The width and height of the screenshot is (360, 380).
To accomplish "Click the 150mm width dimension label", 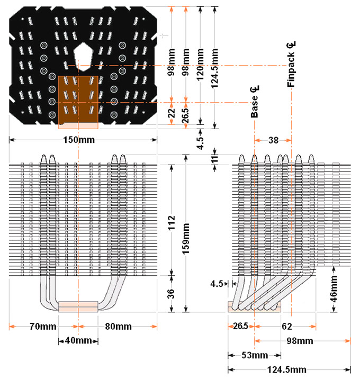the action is click(x=79, y=140).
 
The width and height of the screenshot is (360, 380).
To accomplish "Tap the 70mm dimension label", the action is click(x=43, y=327).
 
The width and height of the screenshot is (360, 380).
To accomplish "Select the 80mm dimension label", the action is click(x=118, y=327).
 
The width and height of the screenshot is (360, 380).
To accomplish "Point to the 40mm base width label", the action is click(x=78, y=340).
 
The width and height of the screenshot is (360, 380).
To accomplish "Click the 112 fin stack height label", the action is click(x=172, y=223).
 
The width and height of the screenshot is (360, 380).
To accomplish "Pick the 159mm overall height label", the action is click(x=186, y=239).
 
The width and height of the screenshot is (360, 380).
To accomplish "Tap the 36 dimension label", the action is click(x=171, y=294).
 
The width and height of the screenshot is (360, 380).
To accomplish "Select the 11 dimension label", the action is click(x=215, y=159).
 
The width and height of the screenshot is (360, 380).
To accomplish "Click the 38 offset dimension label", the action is click(x=273, y=140).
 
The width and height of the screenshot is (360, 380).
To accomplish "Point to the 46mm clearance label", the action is click(x=334, y=288).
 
